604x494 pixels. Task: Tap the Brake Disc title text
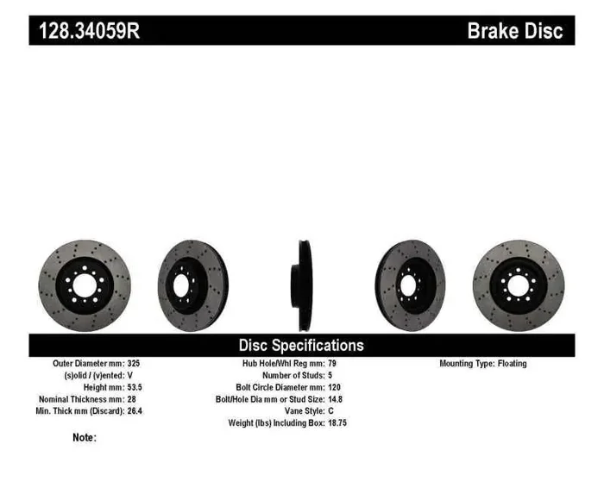[514, 32]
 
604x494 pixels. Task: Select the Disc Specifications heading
[301, 345]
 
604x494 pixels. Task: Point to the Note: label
[85, 438]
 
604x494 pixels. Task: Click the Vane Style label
[299, 411]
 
